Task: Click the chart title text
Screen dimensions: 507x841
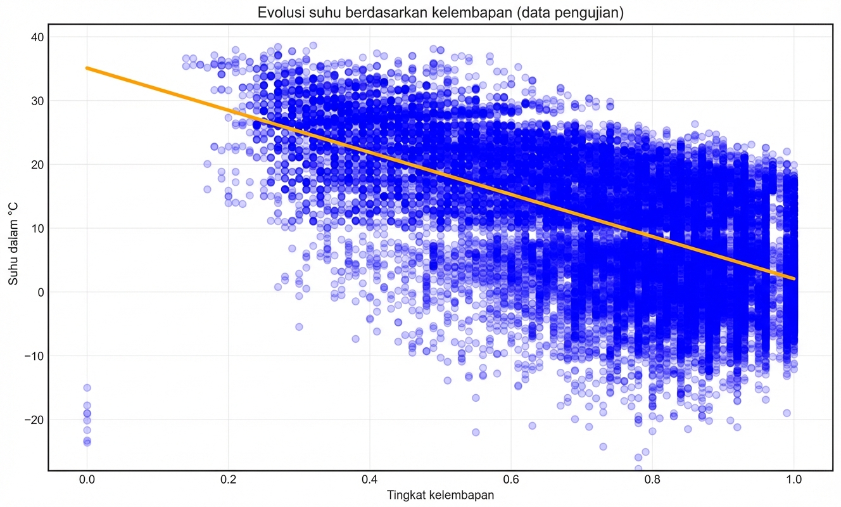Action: point(440,13)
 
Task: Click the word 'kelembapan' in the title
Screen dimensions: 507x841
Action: point(477,13)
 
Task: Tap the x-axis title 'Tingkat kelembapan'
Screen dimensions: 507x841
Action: point(440,495)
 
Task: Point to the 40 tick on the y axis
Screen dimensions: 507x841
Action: point(35,37)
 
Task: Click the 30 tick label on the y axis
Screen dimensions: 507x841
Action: point(35,101)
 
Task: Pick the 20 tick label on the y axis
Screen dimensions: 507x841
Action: point(35,165)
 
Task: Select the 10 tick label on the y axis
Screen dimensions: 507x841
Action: point(35,228)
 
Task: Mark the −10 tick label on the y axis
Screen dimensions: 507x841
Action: point(33,356)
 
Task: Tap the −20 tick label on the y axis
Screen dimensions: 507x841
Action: point(33,420)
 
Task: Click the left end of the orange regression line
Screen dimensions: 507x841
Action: point(87,68)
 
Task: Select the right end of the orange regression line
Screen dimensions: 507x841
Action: point(794,278)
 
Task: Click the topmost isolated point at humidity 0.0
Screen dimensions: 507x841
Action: point(87,387)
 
